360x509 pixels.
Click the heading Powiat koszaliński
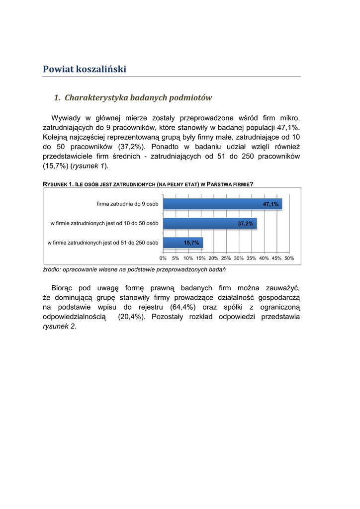[x=85, y=69]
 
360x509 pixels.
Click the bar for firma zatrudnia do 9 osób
[x=222, y=204]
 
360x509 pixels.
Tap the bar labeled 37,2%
[x=210, y=224]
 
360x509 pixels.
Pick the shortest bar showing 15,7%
[x=182, y=243]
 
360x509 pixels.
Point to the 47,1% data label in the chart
[x=270, y=204]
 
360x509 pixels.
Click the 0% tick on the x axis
[x=163, y=258]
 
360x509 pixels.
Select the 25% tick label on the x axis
[x=226, y=258]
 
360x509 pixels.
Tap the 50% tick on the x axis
[x=289, y=258]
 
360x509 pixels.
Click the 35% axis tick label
[x=252, y=258]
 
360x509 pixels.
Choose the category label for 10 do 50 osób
[x=104, y=224]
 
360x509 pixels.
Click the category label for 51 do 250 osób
[x=103, y=243]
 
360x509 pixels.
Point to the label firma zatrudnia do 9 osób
[x=128, y=204]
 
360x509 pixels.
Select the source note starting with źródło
[x=135, y=269]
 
